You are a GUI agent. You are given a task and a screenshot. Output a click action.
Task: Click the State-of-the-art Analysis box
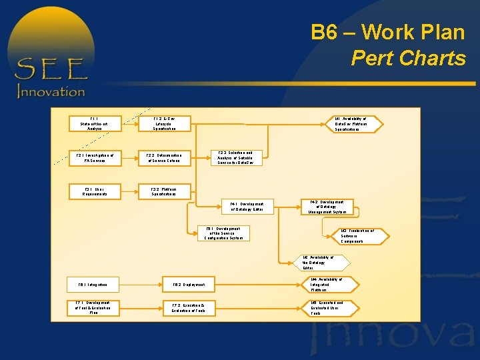pos(95,124)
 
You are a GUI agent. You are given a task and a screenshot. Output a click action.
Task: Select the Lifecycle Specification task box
pos(163,124)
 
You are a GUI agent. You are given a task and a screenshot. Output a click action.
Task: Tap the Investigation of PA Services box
pos(95,158)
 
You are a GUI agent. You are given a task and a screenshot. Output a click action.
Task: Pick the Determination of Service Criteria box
pos(163,158)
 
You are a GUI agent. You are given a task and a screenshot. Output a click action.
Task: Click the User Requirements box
pos(95,191)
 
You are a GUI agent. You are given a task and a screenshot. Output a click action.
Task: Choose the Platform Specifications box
pos(163,191)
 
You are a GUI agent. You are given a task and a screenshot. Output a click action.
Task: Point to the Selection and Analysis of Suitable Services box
pos(236,157)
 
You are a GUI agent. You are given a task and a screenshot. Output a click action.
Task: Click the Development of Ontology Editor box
pos(247,207)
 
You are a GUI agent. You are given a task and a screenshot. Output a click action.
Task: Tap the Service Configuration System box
pos(223,233)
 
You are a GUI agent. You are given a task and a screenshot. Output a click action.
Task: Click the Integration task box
pos(94,285)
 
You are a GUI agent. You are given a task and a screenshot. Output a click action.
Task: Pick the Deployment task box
pos(189,285)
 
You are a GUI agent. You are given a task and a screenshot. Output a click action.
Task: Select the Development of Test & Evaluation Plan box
pos(94,307)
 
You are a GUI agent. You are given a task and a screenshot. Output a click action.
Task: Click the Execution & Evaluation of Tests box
pos(189,307)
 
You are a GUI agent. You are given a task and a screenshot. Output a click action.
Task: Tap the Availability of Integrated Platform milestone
pos(327,285)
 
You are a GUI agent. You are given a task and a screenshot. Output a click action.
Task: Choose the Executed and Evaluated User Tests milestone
pos(327,307)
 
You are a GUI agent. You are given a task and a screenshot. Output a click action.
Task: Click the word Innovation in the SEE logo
pos(51,91)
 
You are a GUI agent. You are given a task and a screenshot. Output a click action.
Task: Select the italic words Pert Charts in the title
pos(408,59)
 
